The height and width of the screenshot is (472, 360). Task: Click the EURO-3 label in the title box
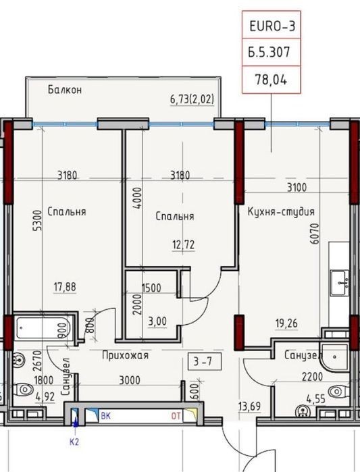click(272, 26)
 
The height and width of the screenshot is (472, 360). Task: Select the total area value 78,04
click(272, 80)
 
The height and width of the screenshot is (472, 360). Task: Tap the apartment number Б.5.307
click(269, 52)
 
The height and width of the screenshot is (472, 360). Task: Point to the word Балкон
click(65, 90)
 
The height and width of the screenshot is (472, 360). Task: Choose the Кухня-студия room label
click(281, 211)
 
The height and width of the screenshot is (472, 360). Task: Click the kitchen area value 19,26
click(286, 323)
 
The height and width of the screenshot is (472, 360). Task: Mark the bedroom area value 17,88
click(65, 287)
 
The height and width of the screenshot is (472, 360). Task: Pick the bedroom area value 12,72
click(183, 244)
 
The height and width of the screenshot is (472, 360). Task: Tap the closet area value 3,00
click(157, 321)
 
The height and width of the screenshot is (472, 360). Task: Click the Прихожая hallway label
click(125, 355)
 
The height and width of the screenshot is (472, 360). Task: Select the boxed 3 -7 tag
click(205, 361)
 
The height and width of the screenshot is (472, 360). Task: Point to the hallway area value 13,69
click(249, 407)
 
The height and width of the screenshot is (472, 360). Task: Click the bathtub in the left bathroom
click(43, 327)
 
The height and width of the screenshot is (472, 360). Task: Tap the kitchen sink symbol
click(340, 283)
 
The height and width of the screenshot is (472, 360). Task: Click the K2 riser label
click(74, 442)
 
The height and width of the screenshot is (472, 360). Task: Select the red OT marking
click(176, 416)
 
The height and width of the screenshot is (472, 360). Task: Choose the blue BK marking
click(105, 416)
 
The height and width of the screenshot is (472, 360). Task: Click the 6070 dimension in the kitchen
click(315, 234)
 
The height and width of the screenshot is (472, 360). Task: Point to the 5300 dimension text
click(37, 221)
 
